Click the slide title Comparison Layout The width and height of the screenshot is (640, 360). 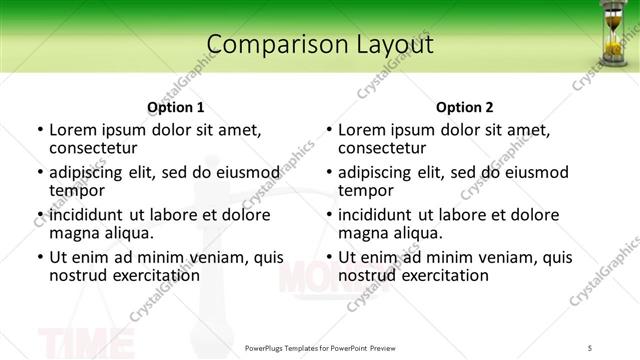click(320, 45)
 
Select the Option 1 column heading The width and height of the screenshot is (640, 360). click(175, 107)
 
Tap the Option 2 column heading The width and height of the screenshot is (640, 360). click(464, 107)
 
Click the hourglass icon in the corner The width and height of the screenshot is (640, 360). click(612, 33)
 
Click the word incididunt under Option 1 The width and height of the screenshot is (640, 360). click(86, 215)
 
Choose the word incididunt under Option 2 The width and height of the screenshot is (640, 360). click(375, 215)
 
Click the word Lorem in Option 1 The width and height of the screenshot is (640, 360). click(72, 129)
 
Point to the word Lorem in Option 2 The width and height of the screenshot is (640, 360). click(361, 129)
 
